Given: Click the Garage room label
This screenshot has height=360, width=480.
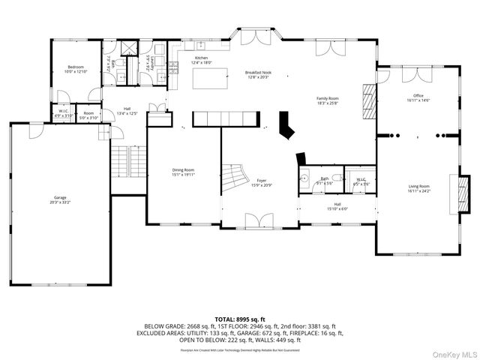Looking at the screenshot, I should click(x=59, y=198).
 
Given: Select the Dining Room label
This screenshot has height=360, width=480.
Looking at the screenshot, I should click(x=183, y=169).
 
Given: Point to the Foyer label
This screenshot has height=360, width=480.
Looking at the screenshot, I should click(x=262, y=180).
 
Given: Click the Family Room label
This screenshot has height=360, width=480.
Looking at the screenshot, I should click(x=328, y=98).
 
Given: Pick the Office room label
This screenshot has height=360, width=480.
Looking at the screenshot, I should click(x=418, y=96).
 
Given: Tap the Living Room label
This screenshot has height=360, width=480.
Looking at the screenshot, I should click(x=418, y=186).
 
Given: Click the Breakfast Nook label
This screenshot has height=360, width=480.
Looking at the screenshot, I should click(x=257, y=73).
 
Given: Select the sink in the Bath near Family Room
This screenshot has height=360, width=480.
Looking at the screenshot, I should click(x=304, y=180).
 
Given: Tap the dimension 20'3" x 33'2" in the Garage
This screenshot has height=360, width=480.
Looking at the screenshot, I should click(x=59, y=202).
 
